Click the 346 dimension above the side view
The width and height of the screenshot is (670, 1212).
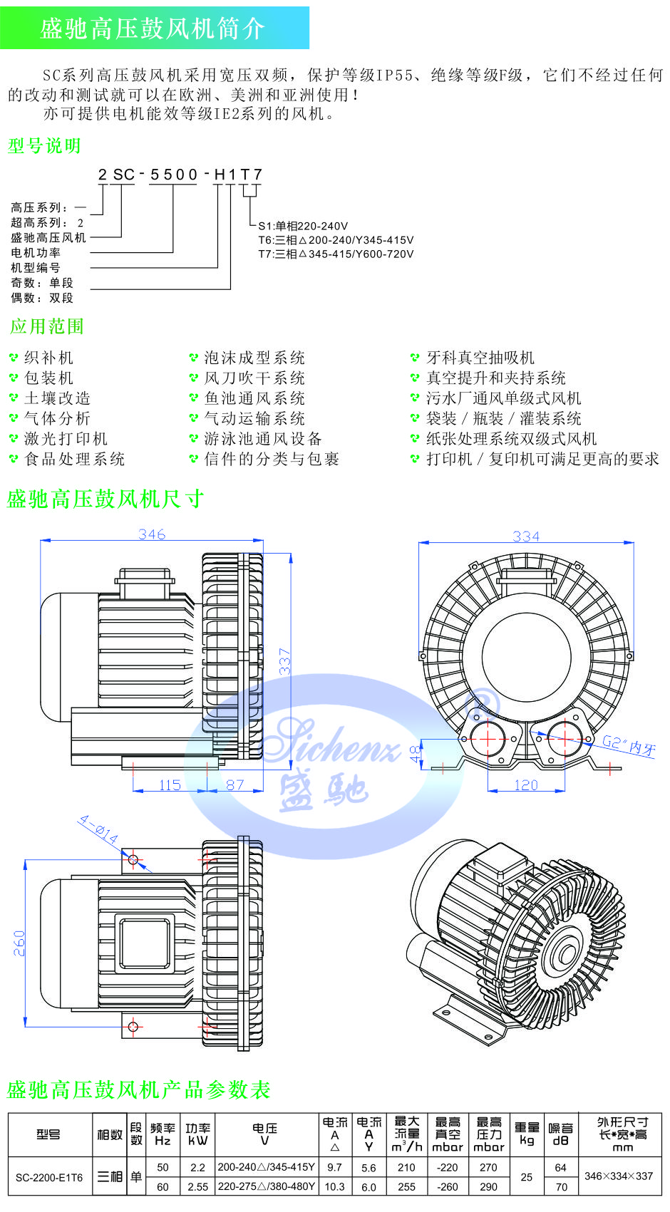(152, 534)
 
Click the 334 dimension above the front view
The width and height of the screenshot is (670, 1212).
(526, 536)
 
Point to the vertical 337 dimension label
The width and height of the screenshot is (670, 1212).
(284, 661)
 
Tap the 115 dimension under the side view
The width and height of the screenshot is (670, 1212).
(170, 784)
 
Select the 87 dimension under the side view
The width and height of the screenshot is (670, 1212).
(235, 784)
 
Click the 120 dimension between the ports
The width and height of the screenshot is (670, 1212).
(526, 784)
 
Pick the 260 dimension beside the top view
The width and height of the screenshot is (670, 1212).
(19, 943)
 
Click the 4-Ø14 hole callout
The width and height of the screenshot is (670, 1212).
(99, 830)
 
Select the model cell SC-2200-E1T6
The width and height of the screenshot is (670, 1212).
(49, 1177)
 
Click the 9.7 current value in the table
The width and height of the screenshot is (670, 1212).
(334, 1167)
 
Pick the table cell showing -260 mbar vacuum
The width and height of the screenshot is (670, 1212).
(448, 1186)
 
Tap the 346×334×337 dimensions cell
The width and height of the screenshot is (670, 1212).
(619, 1176)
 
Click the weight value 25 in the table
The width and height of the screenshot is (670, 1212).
(527, 1176)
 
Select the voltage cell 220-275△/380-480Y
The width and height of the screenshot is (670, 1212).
(267, 1186)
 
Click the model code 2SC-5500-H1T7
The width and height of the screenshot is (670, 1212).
(180, 174)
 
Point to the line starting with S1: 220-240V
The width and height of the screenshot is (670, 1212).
(303, 226)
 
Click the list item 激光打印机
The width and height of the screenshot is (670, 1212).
(66, 439)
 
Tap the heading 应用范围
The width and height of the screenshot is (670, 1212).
(47, 326)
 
